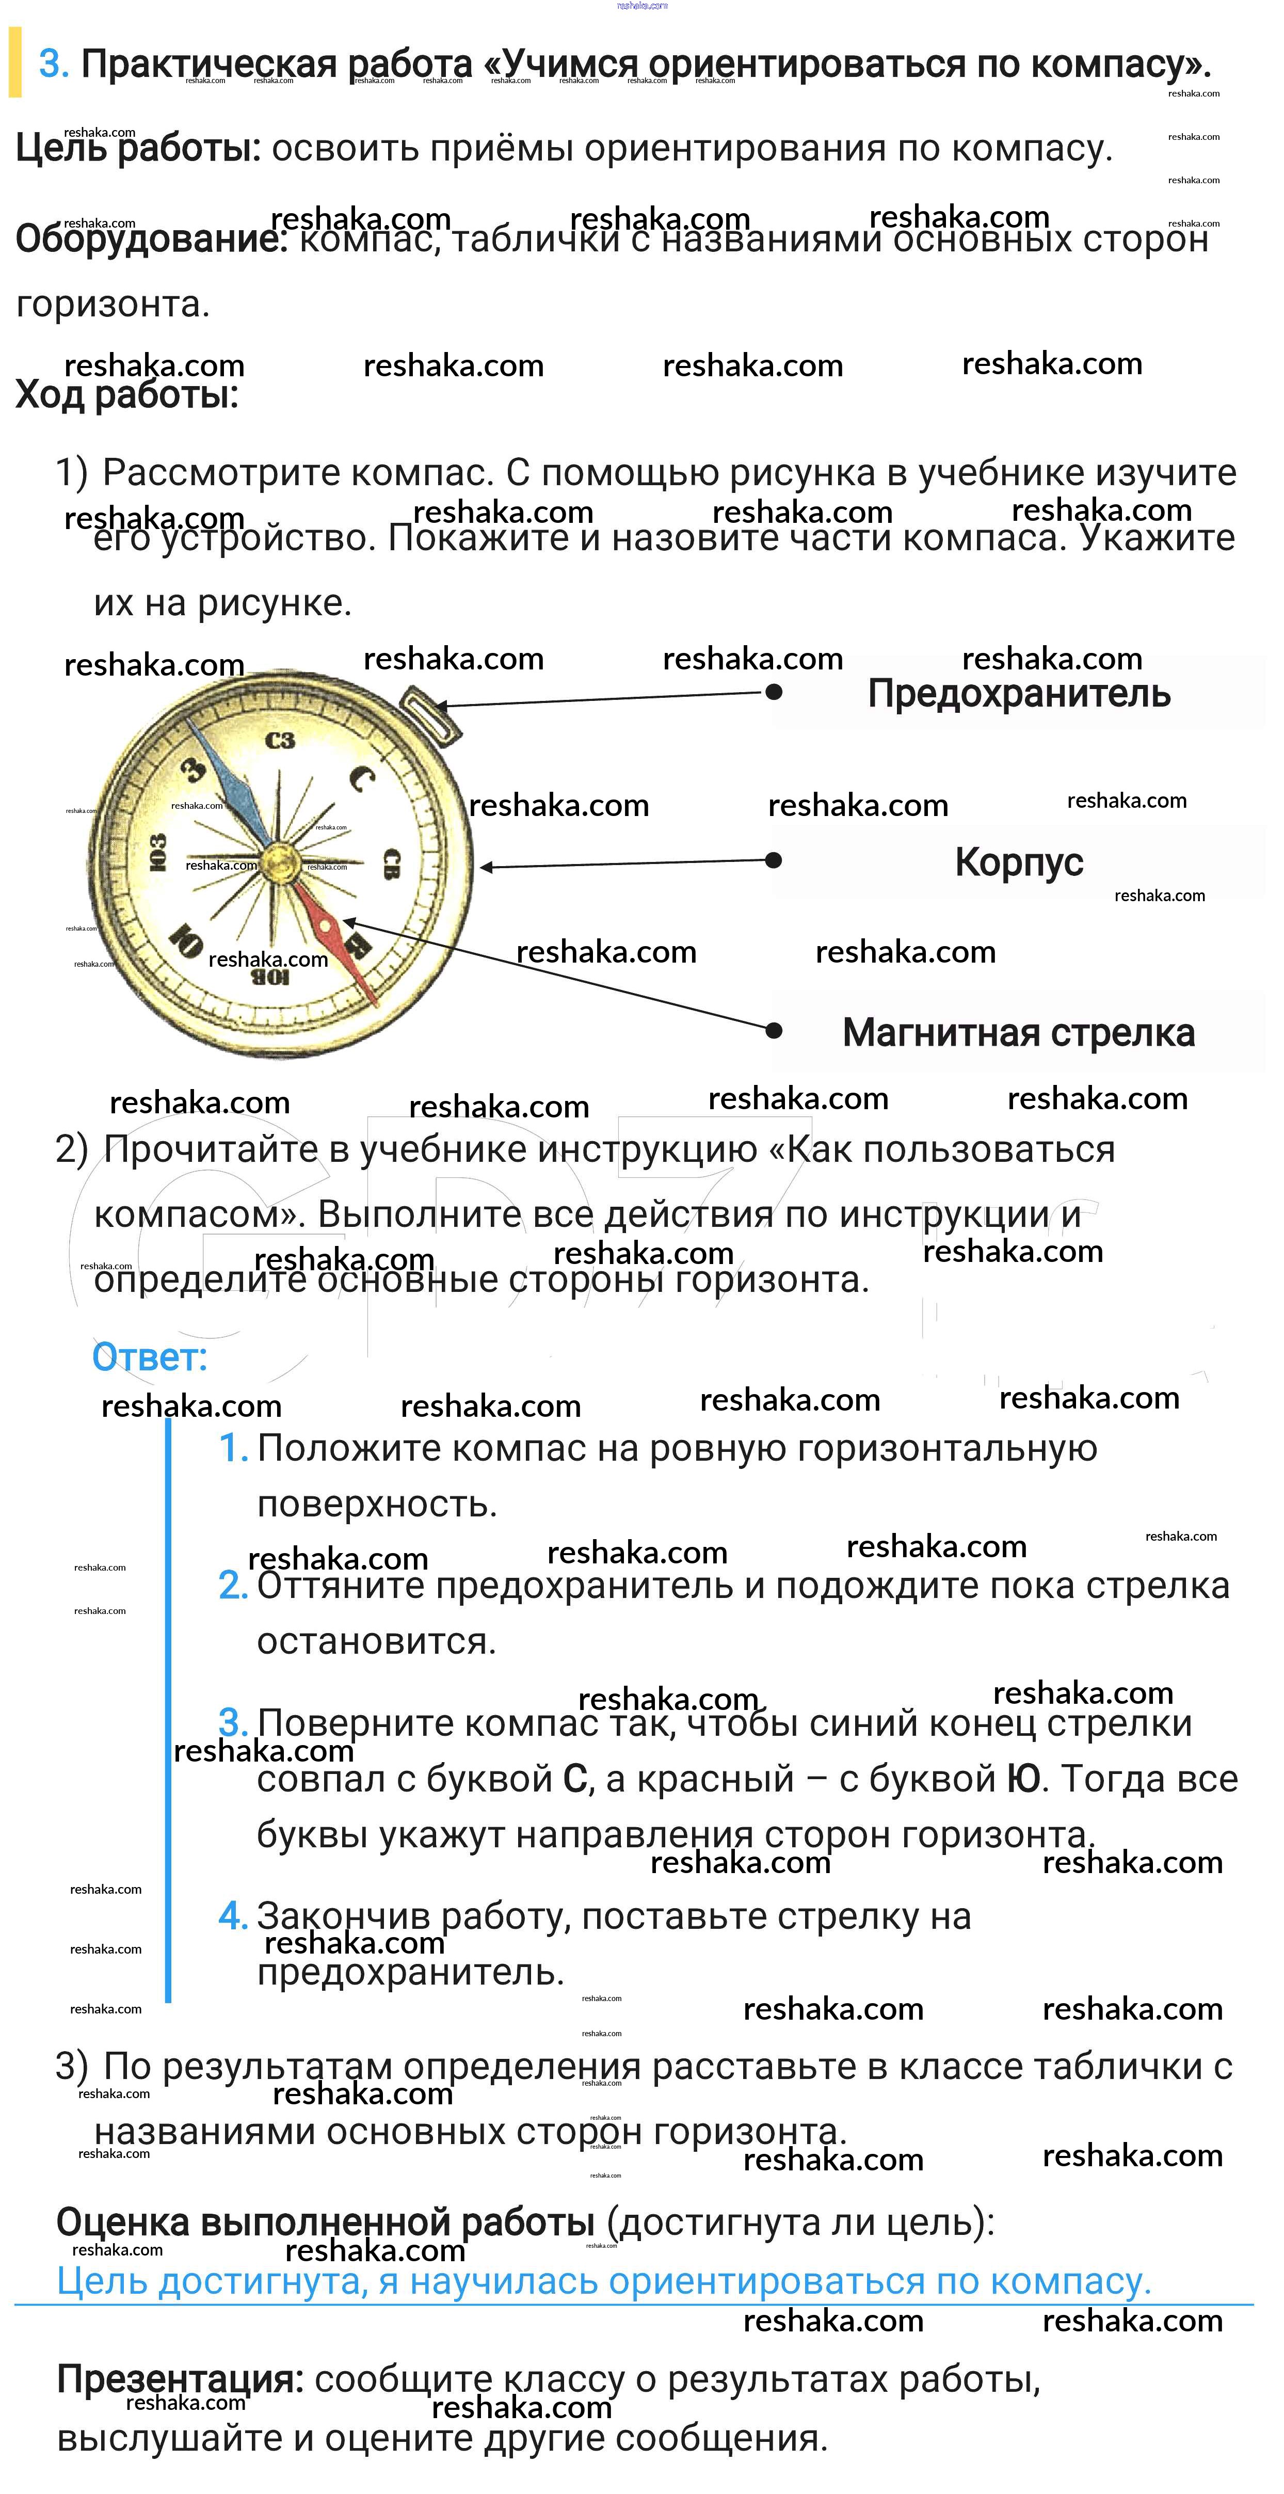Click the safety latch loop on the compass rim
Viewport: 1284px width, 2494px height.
coord(429,714)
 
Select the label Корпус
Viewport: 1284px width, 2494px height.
coord(1019,861)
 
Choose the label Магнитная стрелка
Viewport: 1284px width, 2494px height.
coord(1019,1032)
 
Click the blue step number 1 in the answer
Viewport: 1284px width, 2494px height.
coord(232,1448)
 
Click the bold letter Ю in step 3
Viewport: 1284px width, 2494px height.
coord(1023,1779)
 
